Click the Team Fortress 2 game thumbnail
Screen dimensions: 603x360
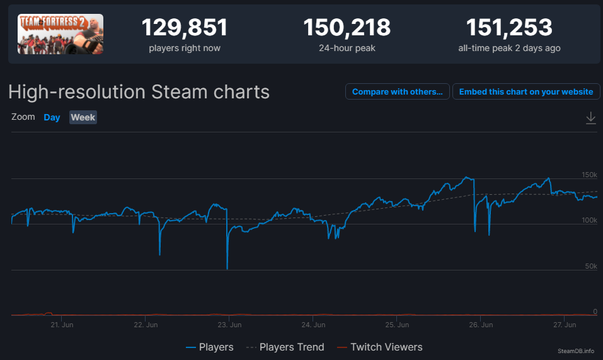[x=60, y=34]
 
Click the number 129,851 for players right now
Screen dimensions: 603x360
[x=185, y=28]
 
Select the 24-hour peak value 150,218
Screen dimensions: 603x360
[x=347, y=28]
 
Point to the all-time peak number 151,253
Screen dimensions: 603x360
[x=509, y=28]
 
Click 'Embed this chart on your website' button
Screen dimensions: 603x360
[x=526, y=91]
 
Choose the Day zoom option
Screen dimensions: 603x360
[x=52, y=117]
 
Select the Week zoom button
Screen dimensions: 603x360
[x=83, y=117]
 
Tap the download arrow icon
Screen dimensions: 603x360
[x=590, y=118]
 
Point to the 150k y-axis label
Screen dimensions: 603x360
[x=589, y=175]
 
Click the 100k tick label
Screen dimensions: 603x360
[x=589, y=221]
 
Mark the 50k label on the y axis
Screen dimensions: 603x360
[x=591, y=266]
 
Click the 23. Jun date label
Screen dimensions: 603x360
[x=229, y=325]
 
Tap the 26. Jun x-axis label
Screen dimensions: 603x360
[x=481, y=325]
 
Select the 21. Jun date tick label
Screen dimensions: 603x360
[x=62, y=325]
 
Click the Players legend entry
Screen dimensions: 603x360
[x=210, y=347]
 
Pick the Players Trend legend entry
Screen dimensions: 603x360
[x=285, y=347]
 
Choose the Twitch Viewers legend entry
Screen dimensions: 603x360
[x=379, y=347]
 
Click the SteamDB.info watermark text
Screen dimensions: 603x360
[x=576, y=351]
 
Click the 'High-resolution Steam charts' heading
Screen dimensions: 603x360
[x=139, y=92]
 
